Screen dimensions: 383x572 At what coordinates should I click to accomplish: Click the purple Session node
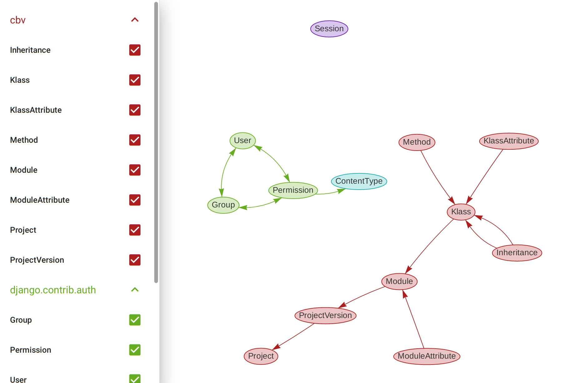[329, 29]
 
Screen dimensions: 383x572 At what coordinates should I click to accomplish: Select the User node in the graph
[243, 141]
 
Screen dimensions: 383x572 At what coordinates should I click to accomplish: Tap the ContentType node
[359, 181]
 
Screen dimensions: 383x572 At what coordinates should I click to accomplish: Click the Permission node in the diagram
[293, 190]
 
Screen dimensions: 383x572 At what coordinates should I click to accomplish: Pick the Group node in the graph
[223, 205]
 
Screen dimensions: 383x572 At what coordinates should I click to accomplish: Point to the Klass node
[461, 212]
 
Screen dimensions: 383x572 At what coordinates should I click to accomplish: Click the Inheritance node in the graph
[517, 253]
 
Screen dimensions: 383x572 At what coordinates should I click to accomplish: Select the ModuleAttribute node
[427, 356]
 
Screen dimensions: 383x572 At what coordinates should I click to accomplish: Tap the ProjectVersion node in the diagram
[325, 316]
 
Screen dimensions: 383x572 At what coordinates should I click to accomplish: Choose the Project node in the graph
[261, 356]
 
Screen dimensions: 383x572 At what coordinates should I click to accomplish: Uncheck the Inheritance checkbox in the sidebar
[135, 50]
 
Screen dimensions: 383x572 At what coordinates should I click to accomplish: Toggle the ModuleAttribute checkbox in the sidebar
[135, 200]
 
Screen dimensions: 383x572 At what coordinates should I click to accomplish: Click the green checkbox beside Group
[135, 320]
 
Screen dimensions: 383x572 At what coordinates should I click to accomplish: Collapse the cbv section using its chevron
[135, 20]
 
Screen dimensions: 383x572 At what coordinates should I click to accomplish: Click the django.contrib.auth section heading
[53, 290]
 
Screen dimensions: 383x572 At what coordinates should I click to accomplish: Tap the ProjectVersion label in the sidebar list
[37, 260]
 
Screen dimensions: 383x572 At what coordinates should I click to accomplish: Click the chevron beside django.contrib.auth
[135, 290]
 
